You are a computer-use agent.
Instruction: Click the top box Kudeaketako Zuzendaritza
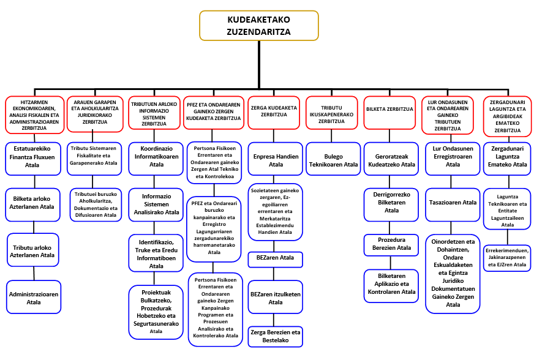click(x=258, y=26)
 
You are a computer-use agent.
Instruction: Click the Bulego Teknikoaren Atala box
click(x=333, y=160)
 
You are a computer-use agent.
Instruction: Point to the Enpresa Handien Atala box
click(x=276, y=160)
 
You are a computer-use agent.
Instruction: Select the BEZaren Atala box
click(x=276, y=258)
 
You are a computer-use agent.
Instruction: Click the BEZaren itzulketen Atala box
click(x=276, y=298)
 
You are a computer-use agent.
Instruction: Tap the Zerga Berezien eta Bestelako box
click(x=276, y=336)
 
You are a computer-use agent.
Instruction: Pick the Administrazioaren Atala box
click(x=34, y=298)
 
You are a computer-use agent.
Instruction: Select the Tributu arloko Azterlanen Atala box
click(x=34, y=250)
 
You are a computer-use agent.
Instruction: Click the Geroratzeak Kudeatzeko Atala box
click(x=391, y=160)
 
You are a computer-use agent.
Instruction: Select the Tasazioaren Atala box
click(x=453, y=202)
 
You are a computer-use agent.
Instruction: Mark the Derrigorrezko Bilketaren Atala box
click(x=391, y=202)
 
